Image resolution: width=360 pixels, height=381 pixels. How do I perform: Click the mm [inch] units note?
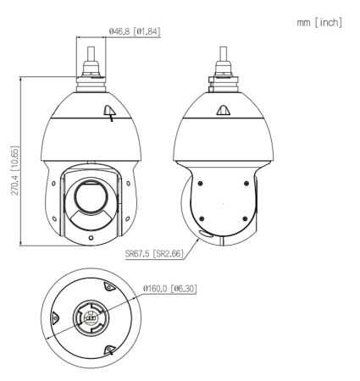pos(318,21)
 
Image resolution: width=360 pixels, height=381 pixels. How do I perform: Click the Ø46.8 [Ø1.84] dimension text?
pos(136,32)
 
